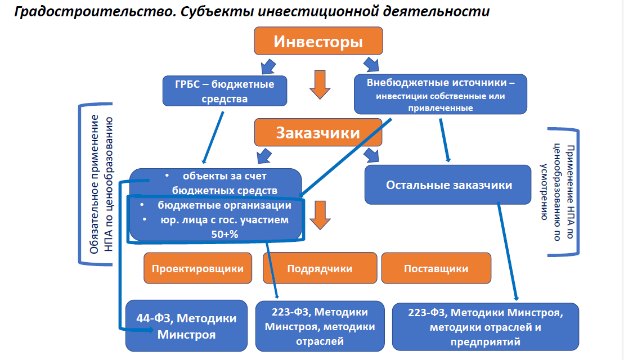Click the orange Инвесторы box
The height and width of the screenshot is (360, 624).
[x=318, y=42]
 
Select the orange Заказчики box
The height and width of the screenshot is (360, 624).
[x=318, y=133]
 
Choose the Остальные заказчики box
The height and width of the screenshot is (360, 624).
[x=448, y=184]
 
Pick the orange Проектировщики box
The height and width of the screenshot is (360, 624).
[x=197, y=268]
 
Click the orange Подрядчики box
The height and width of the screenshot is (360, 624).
[x=320, y=268]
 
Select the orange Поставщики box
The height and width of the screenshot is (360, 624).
[x=436, y=268]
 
